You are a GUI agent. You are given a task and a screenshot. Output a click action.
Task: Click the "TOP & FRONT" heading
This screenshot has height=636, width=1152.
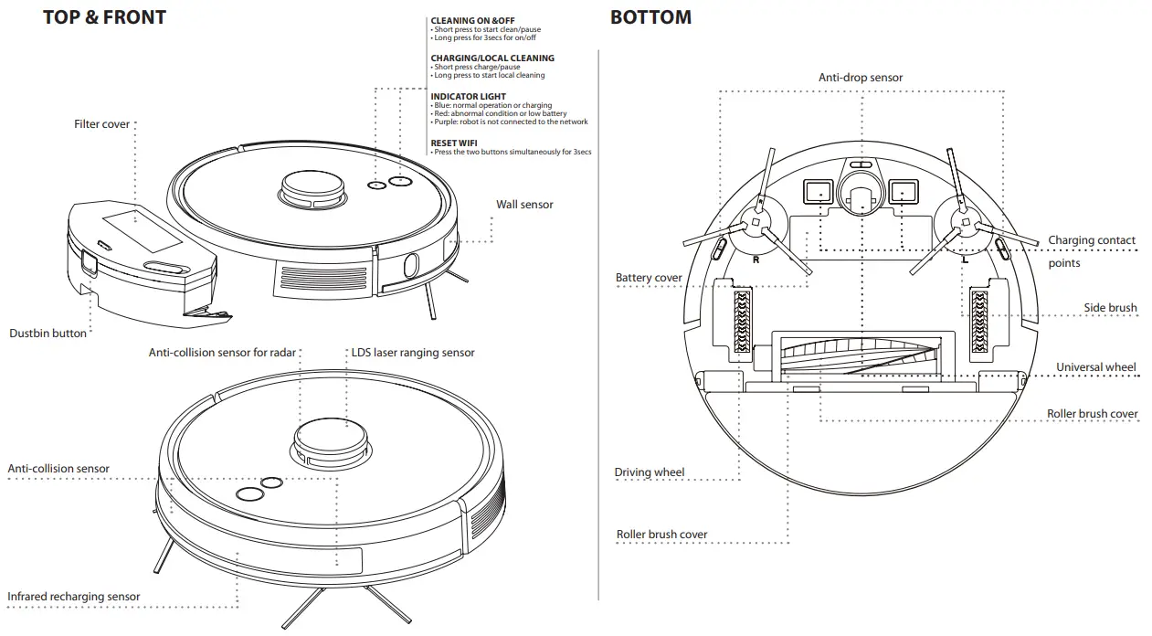point(104,17)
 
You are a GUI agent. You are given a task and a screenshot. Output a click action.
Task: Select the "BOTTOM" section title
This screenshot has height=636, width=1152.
point(650,17)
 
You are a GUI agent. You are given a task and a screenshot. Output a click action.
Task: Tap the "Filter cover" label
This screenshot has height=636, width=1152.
point(102,124)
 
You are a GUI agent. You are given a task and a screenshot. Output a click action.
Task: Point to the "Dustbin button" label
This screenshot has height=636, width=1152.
point(48,334)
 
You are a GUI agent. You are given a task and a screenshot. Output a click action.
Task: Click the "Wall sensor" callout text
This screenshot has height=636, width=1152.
point(524,205)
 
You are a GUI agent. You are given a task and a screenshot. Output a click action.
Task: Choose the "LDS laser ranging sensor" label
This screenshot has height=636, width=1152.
point(413,353)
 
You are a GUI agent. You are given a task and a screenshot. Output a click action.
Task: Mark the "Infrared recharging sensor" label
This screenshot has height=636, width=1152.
point(74,597)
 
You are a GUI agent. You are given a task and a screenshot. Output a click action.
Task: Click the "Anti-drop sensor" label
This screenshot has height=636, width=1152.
point(861,78)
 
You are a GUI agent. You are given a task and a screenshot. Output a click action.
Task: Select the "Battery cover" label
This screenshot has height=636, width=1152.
point(649,278)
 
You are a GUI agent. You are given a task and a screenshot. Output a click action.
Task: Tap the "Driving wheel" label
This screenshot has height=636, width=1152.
point(649,472)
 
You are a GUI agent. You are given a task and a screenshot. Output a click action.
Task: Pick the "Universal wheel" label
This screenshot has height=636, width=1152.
point(1096,367)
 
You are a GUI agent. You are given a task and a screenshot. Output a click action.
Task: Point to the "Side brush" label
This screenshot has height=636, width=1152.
point(1110,308)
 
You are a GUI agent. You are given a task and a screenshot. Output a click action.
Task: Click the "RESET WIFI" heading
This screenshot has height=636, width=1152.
point(455,143)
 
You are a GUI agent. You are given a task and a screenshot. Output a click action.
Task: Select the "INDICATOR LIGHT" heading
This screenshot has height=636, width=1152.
point(468,97)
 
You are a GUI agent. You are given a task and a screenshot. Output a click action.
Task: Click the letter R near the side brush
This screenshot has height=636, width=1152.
point(756,260)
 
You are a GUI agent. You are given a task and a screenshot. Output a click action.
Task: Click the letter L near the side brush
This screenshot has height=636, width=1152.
point(965,260)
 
